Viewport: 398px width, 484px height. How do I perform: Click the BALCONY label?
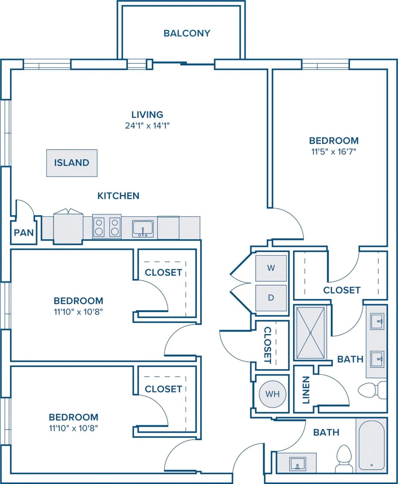pyautogui.click(x=187, y=33)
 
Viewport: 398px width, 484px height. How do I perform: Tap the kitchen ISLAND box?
pyautogui.click(x=72, y=163)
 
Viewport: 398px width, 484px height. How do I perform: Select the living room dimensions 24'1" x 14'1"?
pyautogui.click(x=147, y=126)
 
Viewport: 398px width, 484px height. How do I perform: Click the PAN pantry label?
pyautogui.click(x=24, y=233)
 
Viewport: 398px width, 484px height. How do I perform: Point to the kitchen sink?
pyautogui.click(x=143, y=228)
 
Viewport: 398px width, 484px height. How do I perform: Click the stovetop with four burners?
pyautogui.click(x=107, y=227)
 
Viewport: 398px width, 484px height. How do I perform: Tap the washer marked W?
pyautogui.click(x=271, y=268)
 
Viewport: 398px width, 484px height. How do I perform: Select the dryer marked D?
pyautogui.click(x=271, y=298)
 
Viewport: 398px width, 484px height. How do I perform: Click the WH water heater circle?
pyautogui.click(x=273, y=394)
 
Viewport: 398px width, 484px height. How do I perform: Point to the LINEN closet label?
pyautogui.click(x=306, y=389)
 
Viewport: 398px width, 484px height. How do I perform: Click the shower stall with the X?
pyautogui.click(x=310, y=333)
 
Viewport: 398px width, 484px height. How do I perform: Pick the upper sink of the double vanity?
pyautogui.click(x=377, y=321)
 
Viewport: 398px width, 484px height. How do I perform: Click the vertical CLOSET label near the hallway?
pyautogui.click(x=268, y=345)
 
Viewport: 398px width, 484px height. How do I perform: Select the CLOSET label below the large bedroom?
pyautogui.click(x=342, y=290)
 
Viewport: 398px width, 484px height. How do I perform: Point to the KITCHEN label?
pyautogui.click(x=118, y=196)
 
